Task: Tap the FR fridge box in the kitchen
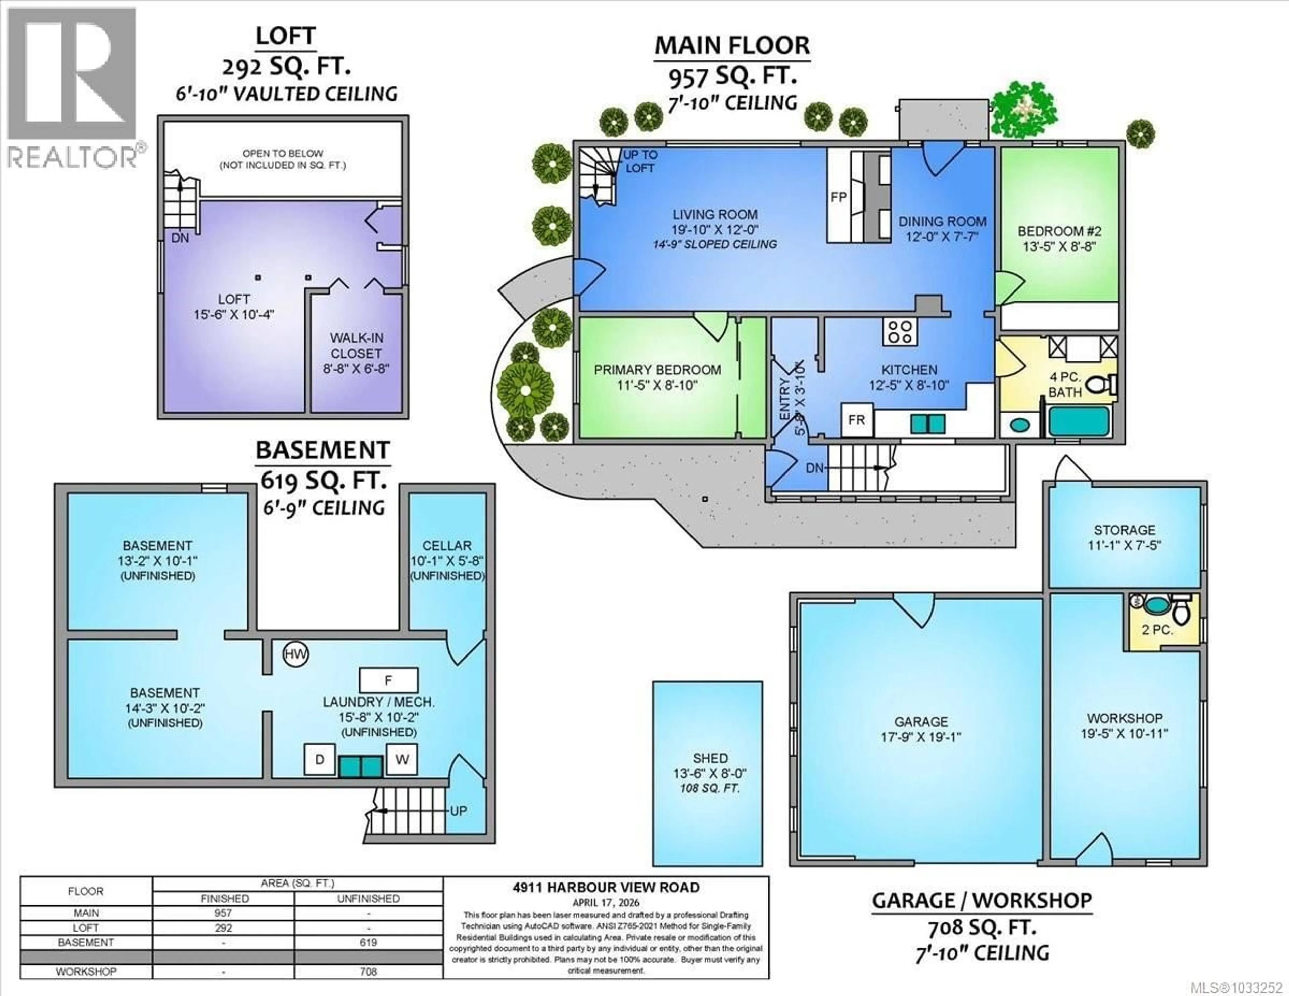(856, 420)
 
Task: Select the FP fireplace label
(838, 197)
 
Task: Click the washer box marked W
(402, 759)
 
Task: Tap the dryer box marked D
(319, 759)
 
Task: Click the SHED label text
(710, 758)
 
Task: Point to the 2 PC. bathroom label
(1157, 630)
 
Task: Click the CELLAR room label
(447, 546)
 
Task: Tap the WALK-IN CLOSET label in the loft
(356, 346)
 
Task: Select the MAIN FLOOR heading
(732, 45)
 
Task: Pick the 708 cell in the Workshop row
(368, 971)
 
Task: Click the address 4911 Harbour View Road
(606, 888)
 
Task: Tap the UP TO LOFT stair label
(640, 161)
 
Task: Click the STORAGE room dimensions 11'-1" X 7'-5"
(1124, 546)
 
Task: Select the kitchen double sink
(928, 424)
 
